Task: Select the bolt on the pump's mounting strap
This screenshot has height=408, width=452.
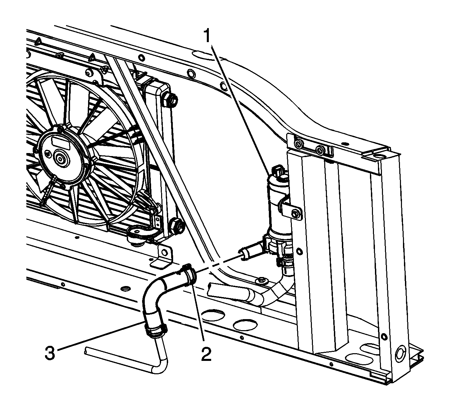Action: (x=295, y=214)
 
